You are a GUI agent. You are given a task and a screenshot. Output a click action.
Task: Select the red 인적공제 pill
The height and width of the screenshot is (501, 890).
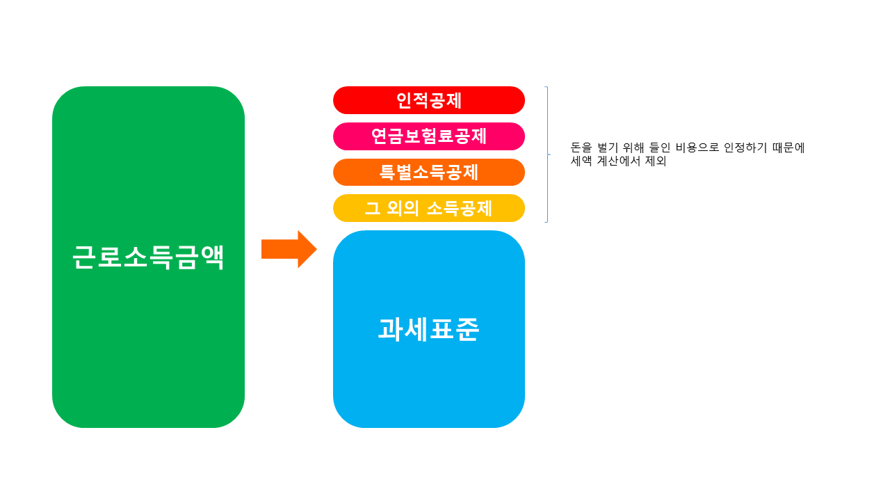tap(429, 100)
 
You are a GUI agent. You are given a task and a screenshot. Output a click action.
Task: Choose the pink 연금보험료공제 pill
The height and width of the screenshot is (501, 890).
tap(429, 136)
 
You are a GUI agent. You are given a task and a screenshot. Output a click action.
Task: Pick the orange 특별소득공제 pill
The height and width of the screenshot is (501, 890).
tap(429, 173)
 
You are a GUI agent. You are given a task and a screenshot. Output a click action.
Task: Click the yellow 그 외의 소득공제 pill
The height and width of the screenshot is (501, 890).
tap(429, 208)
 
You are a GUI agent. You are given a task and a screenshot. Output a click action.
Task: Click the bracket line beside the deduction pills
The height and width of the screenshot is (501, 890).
tap(548, 154)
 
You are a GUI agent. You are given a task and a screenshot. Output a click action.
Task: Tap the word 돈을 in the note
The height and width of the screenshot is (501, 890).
tap(581, 148)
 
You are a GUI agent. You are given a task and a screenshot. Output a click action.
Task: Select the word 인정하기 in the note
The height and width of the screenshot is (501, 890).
tap(746, 148)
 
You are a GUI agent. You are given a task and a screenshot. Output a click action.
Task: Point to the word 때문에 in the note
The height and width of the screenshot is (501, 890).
tap(789, 148)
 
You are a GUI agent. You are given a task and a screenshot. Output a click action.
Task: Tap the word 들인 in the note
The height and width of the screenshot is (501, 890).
tap(666, 148)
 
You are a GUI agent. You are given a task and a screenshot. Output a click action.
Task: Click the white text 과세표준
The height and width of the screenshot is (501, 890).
tap(428, 329)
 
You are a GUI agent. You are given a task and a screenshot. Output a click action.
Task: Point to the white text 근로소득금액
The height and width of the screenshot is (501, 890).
tap(148, 257)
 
